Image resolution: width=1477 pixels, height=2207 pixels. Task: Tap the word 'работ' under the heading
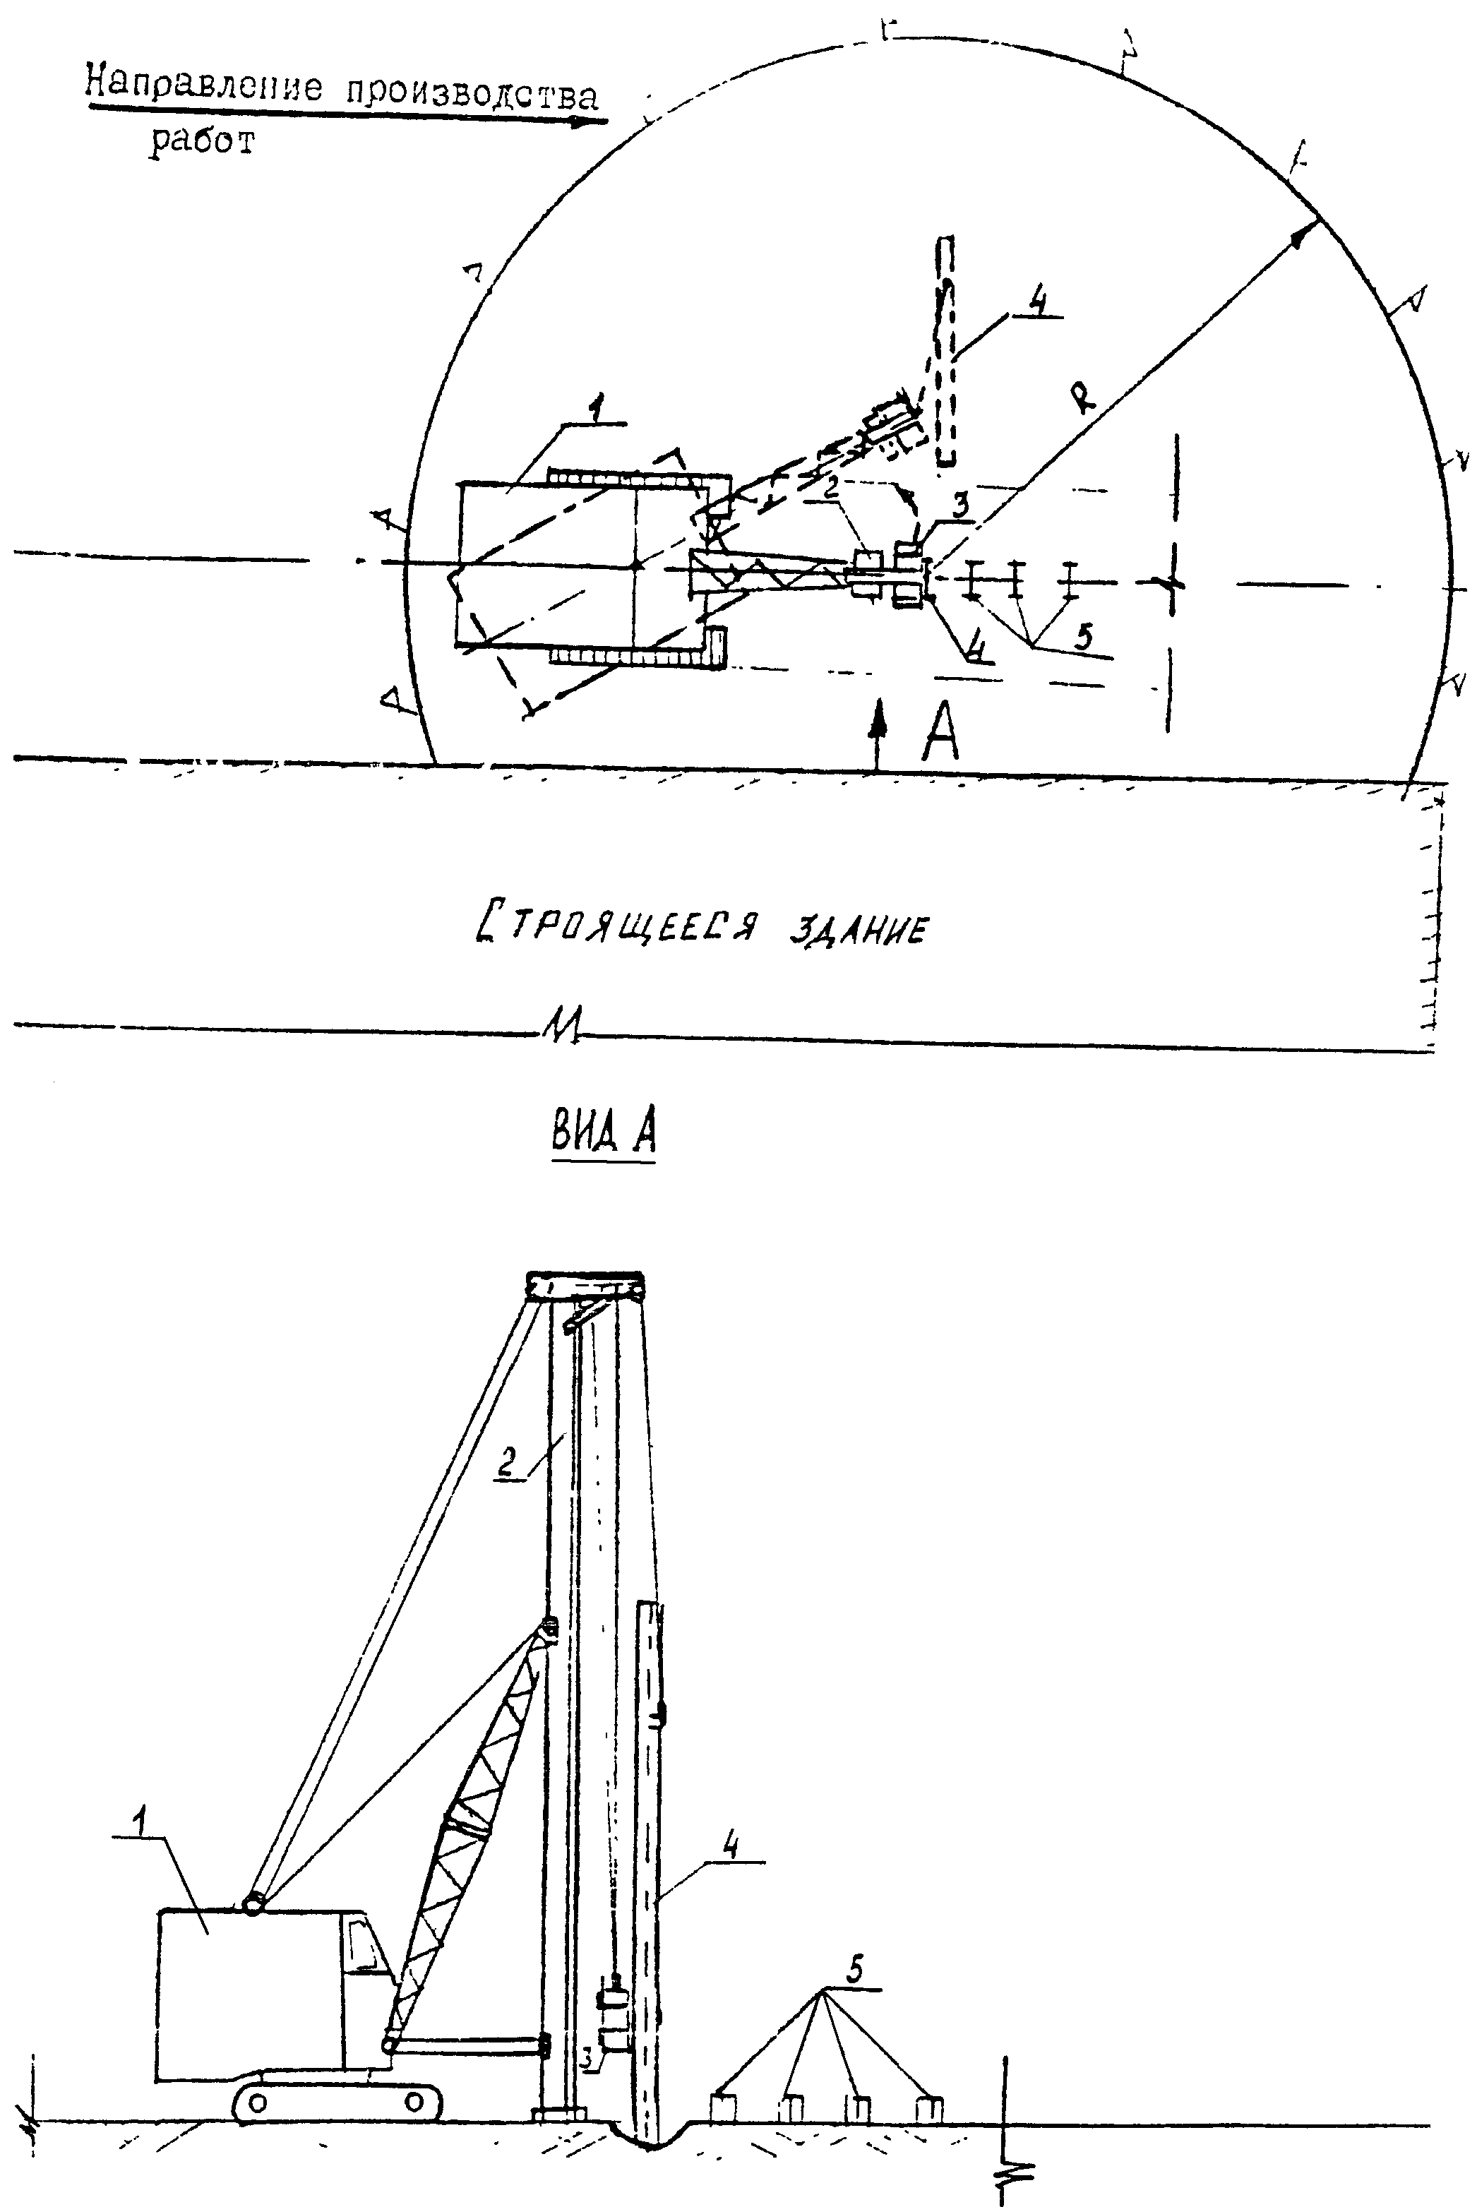202,140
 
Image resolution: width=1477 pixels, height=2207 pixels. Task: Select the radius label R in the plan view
1084,400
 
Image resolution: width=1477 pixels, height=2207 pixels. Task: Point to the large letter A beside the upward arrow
939,734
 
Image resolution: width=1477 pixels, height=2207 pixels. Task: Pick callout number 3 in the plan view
959,506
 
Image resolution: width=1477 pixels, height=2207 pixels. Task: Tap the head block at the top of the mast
585,1286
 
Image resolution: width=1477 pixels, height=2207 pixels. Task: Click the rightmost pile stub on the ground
930,2108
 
